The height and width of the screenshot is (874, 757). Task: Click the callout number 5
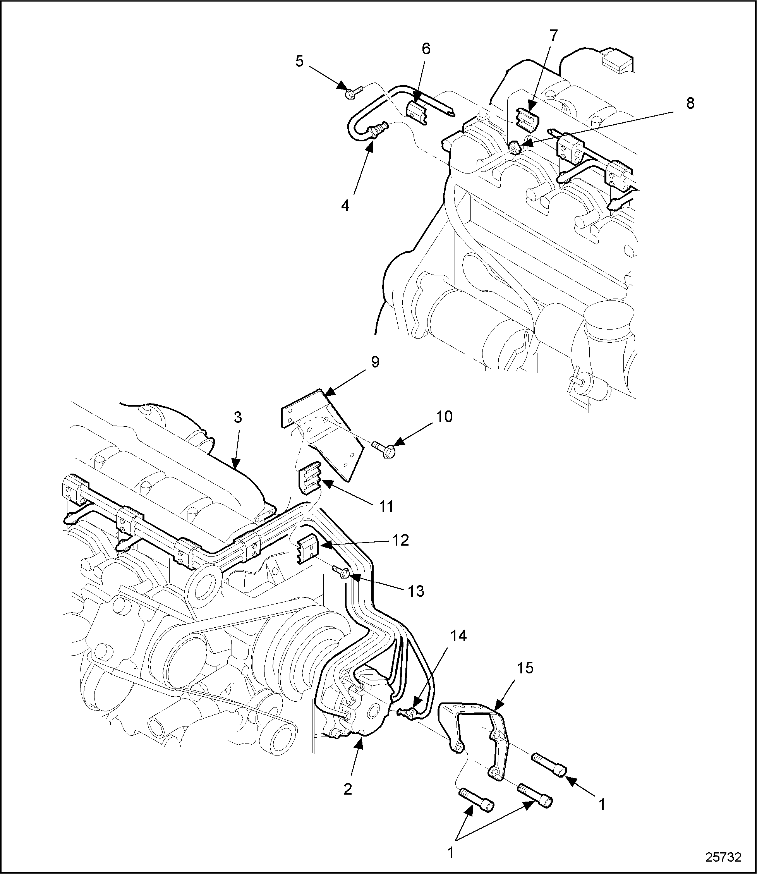pyautogui.click(x=299, y=62)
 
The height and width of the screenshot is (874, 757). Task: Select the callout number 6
pyautogui.click(x=426, y=49)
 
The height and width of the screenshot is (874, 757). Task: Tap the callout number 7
pyautogui.click(x=553, y=36)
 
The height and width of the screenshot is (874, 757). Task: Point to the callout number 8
pyautogui.click(x=690, y=103)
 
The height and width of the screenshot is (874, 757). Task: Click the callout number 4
pyautogui.click(x=345, y=206)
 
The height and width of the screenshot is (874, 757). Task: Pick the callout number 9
pyautogui.click(x=375, y=362)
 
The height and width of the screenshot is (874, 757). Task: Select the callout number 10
pyautogui.click(x=445, y=417)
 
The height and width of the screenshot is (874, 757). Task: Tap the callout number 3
pyautogui.click(x=238, y=418)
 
